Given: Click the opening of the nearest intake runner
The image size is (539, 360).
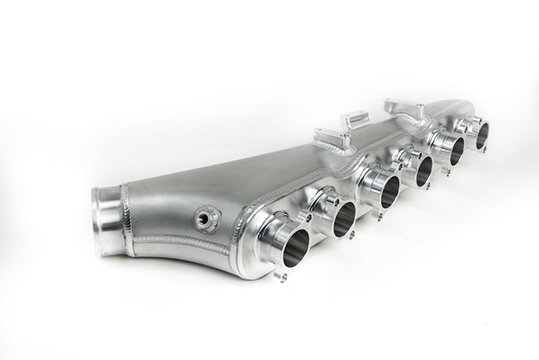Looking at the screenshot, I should tap(288, 241).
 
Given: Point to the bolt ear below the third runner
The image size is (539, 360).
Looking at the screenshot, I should tap(376, 216).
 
